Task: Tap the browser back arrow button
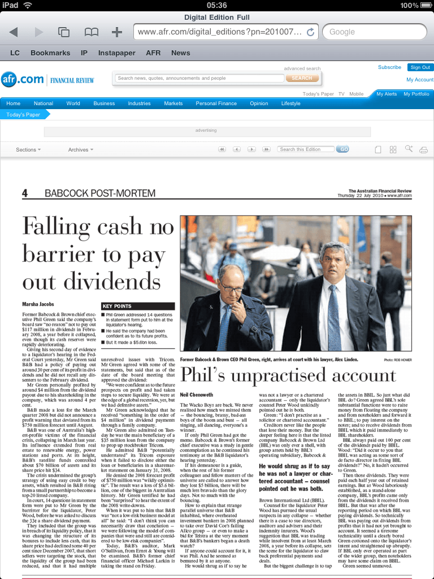click(x=14, y=32)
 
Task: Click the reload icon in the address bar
click(x=310, y=32)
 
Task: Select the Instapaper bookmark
click(x=116, y=53)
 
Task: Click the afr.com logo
click(x=23, y=79)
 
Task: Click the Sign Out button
click(x=420, y=67)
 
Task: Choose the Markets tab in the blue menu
click(x=173, y=103)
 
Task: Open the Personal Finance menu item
click(x=216, y=103)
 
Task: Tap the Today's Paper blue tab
click(x=24, y=115)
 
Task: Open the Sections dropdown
click(x=28, y=150)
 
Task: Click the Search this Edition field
click(x=306, y=149)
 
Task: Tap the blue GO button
click(x=342, y=149)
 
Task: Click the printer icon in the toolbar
click(x=424, y=150)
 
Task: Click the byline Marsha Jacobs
click(x=37, y=305)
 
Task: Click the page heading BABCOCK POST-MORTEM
click(x=99, y=194)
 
